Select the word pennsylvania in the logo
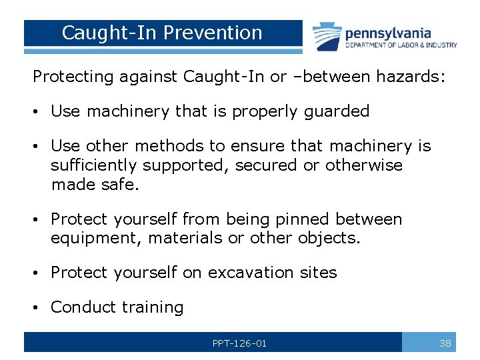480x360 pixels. tap(388, 33)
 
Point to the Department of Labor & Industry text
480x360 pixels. tap(401, 45)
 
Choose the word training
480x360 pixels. tap(153, 307)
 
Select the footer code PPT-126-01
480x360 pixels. tap(239, 343)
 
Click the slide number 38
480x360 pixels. tap(445, 343)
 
